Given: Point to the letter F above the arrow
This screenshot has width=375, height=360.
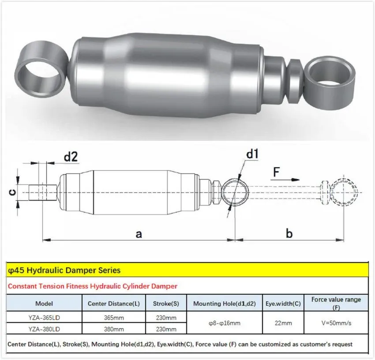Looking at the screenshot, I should tap(276, 172).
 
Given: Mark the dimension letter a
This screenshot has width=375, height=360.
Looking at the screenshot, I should tap(138, 234).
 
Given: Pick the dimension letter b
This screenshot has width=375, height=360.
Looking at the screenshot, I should tap(289, 234).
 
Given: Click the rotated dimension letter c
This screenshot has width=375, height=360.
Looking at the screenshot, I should tap(13, 192).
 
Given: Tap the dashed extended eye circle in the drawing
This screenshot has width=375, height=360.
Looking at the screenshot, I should tap(344, 192).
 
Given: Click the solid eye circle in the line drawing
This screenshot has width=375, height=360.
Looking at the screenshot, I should tap(235, 192).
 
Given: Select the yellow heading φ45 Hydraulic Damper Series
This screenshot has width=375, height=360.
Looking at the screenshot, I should tap(64, 270).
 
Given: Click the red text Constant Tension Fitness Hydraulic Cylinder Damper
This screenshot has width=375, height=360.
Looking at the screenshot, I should tap(93, 286).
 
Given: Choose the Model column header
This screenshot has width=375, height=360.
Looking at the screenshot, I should tap(44, 304).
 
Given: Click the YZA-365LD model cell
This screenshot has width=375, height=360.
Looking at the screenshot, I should tap(44, 318).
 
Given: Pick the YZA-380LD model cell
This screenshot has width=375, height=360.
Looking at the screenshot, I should tap(44, 329).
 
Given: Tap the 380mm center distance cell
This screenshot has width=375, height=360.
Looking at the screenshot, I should tap(112, 329).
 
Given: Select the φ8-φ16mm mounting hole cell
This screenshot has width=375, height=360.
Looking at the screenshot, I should tap(224, 323).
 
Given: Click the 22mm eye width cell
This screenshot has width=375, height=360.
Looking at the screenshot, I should tap(283, 323).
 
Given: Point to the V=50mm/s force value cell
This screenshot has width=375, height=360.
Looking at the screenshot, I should tap(336, 323).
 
